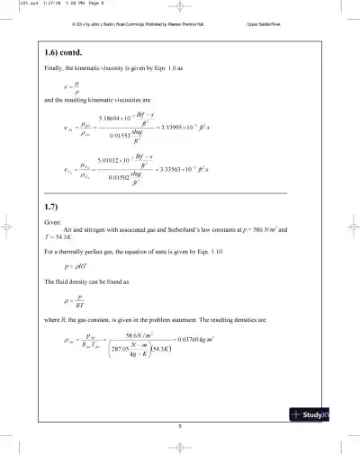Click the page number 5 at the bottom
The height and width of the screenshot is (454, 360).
pos(180,425)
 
